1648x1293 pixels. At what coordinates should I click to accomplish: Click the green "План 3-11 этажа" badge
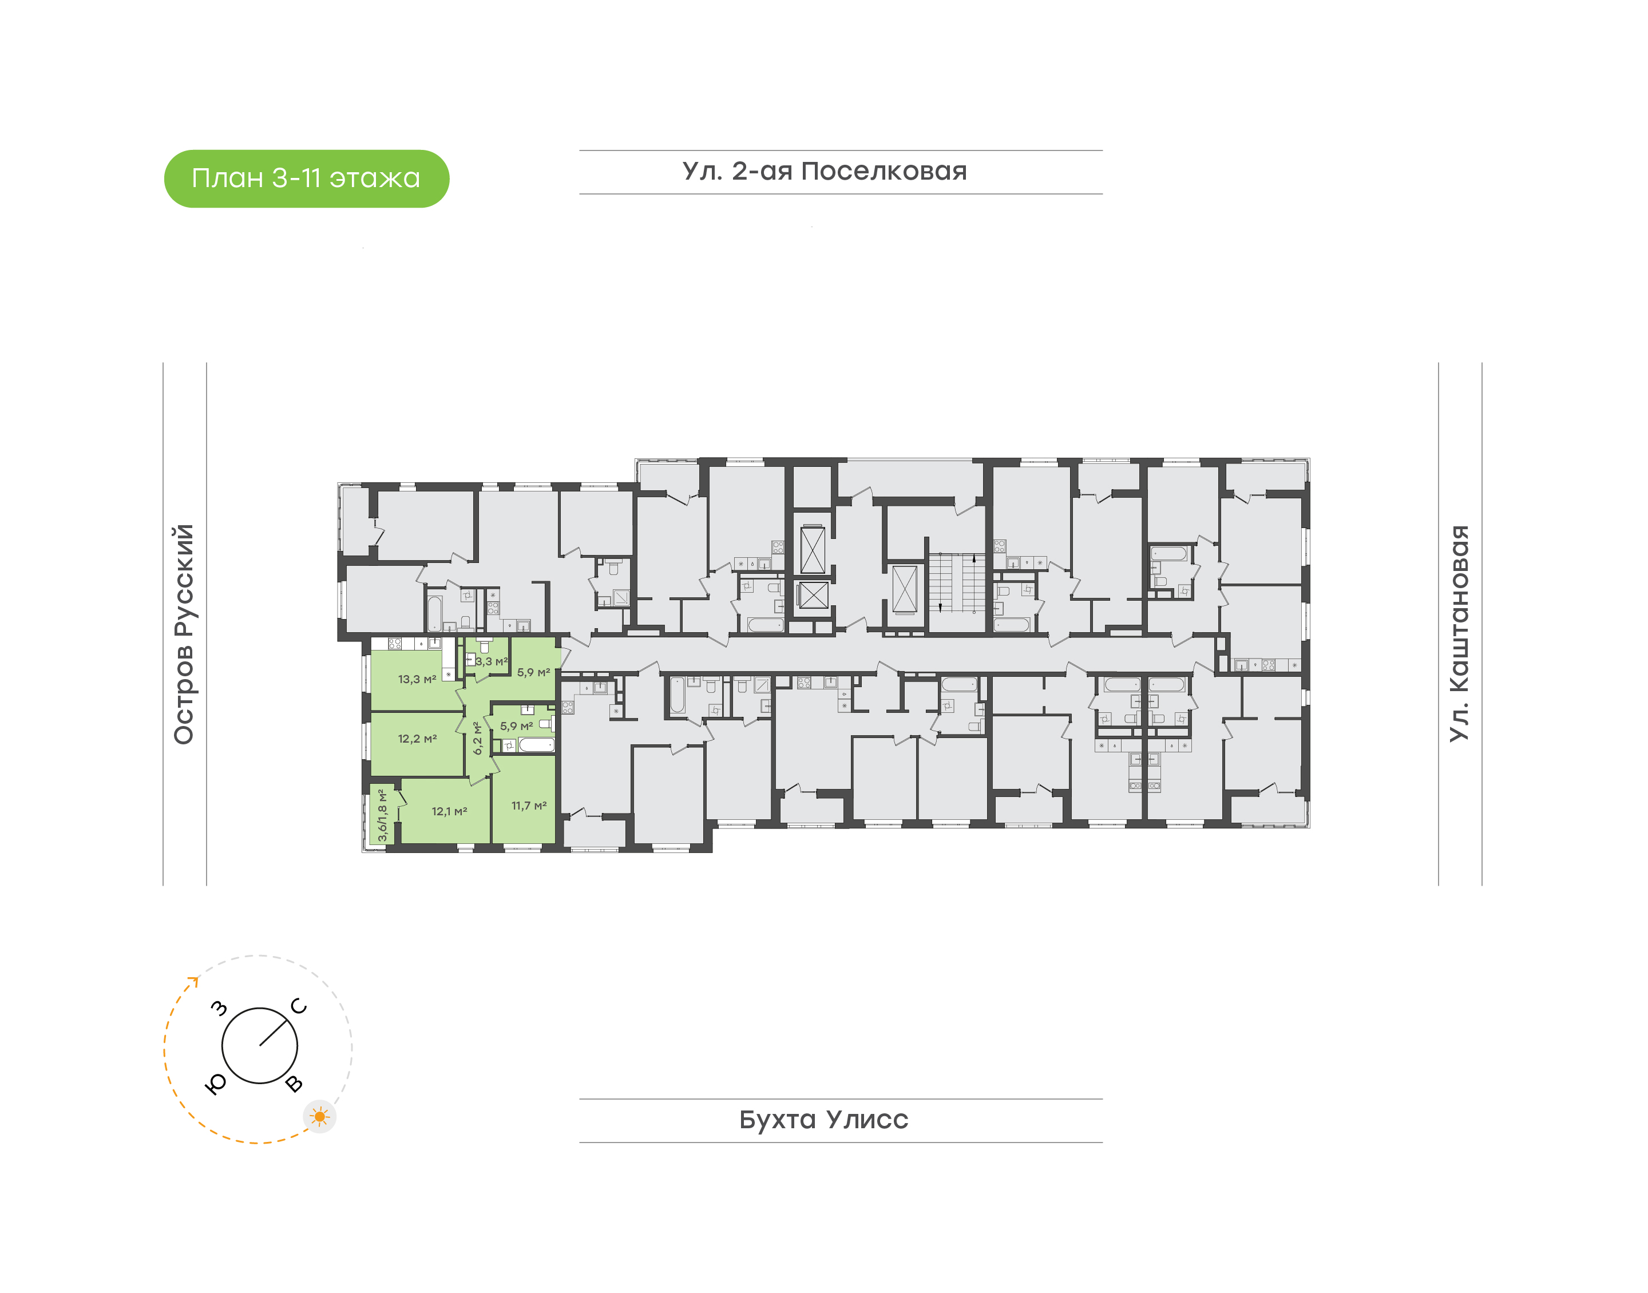[307, 179]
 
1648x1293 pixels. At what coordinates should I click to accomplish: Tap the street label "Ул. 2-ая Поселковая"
[825, 171]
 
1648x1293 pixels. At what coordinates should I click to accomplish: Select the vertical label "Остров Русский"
[184, 634]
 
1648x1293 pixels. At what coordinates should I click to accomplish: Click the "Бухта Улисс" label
[823, 1119]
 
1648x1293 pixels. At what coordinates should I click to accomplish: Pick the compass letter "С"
[299, 1006]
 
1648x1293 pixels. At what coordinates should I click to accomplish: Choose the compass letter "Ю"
[216, 1085]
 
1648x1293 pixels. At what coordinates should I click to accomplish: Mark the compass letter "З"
[219, 1008]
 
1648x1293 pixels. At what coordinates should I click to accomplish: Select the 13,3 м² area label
[417, 679]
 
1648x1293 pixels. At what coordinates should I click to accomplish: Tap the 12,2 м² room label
[417, 738]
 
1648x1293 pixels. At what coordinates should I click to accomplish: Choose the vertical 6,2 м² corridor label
[478, 738]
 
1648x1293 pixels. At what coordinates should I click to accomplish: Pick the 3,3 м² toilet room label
[492, 661]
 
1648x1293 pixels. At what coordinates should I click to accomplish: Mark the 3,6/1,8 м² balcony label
[382, 815]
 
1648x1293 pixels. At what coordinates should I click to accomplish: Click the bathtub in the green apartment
[537, 745]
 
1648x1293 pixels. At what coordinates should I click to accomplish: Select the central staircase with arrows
[957, 582]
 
